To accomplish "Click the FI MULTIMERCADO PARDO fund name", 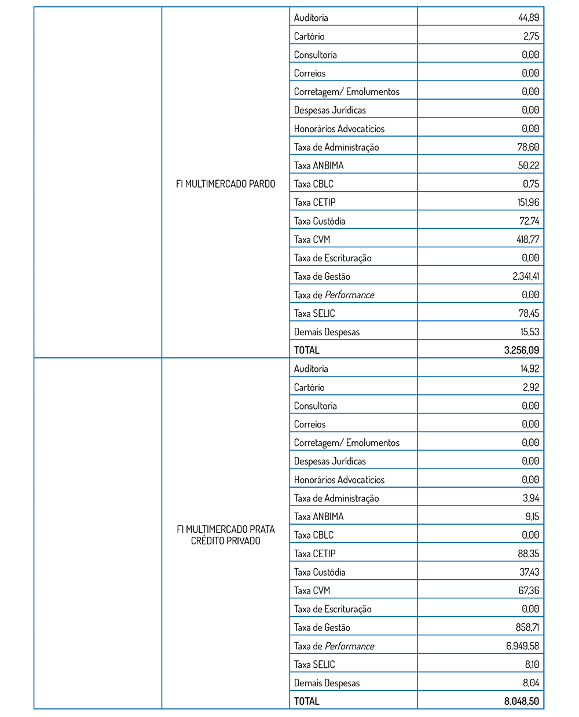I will click(225, 184).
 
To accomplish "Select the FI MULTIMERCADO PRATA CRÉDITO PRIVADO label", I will click(225, 535).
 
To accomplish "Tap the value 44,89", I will click(528, 17).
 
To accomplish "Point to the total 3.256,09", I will click(521, 350).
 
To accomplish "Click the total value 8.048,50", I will click(521, 701).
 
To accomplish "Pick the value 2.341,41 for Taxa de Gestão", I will click(525, 276).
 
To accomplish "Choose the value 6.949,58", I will click(522, 646).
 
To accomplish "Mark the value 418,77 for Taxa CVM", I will click(527, 239).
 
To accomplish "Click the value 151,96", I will click(527, 202).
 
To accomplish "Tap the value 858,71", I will click(527, 627).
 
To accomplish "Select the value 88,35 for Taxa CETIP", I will click(528, 553).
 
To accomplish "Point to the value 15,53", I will click(529, 332).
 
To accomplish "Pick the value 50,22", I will click(528, 165).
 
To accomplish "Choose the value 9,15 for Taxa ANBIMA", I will click(532, 516).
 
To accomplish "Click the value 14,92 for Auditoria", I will click(529, 368).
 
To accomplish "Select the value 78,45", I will click(529, 313).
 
